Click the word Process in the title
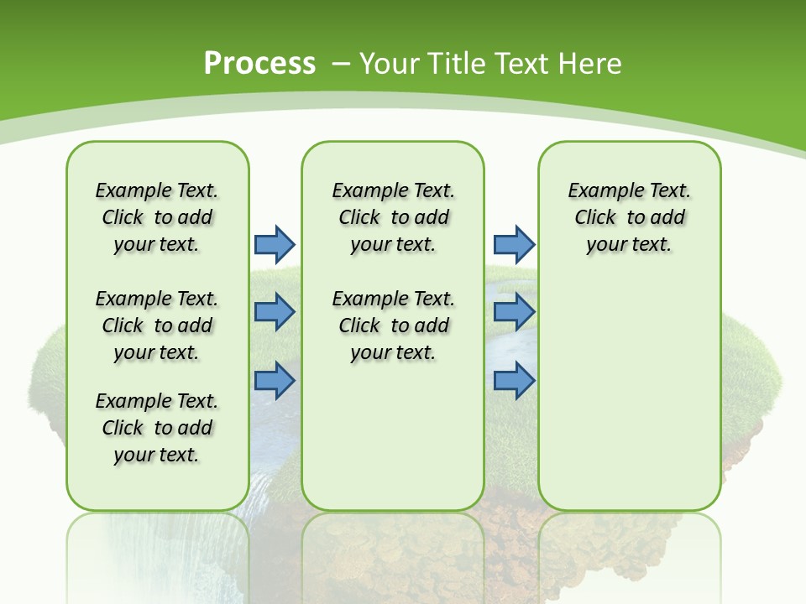(259, 63)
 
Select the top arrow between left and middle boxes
(275, 244)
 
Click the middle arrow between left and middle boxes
(275, 312)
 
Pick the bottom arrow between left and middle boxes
(275, 380)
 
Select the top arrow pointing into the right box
(514, 244)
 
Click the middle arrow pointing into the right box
(514, 312)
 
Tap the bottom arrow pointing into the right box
(514, 380)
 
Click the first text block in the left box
(157, 217)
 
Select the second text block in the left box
(157, 325)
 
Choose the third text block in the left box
(157, 428)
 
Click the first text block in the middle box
(393, 217)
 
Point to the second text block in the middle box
(393, 325)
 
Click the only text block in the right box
(629, 217)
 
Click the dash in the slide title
(341, 64)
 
